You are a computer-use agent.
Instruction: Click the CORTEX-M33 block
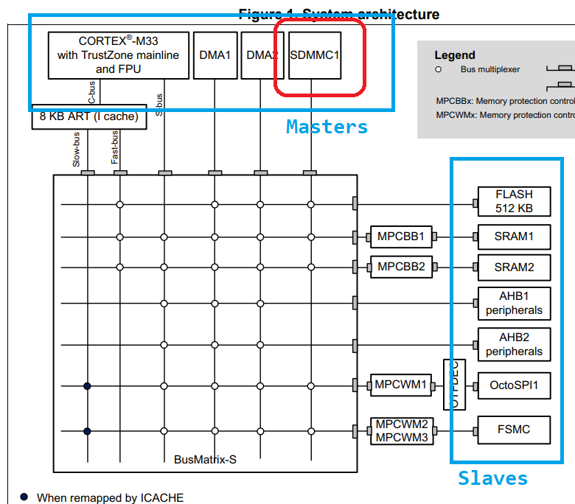[x=117, y=55]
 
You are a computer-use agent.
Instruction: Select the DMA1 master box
[x=215, y=55]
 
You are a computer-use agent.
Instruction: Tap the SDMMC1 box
[x=315, y=55]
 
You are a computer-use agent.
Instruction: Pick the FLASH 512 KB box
[x=514, y=201]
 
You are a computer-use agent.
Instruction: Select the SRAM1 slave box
[x=514, y=237]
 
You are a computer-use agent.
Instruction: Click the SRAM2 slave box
[x=514, y=267]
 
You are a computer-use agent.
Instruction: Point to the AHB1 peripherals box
[x=514, y=303]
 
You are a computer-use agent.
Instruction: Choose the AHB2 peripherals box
[x=514, y=344]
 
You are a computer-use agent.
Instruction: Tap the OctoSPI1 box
[x=514, y=385]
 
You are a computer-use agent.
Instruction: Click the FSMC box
[x=514, y=430]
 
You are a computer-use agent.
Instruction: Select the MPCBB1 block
[x=401, y=237]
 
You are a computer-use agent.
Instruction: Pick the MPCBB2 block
[x=401, y=266]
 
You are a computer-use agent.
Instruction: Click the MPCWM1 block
[x=401, y=385]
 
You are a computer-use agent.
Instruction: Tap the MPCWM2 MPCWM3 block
[x=401, y=430]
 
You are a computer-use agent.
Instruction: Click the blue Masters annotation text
[x=327, y=127]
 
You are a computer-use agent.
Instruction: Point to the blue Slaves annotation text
[x=492, y=478]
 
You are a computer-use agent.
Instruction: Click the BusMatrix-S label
[x=205, y=459]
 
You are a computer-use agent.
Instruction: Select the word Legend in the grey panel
[x=455, y=55]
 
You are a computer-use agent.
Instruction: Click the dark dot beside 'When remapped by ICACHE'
[x=24, y=497]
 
